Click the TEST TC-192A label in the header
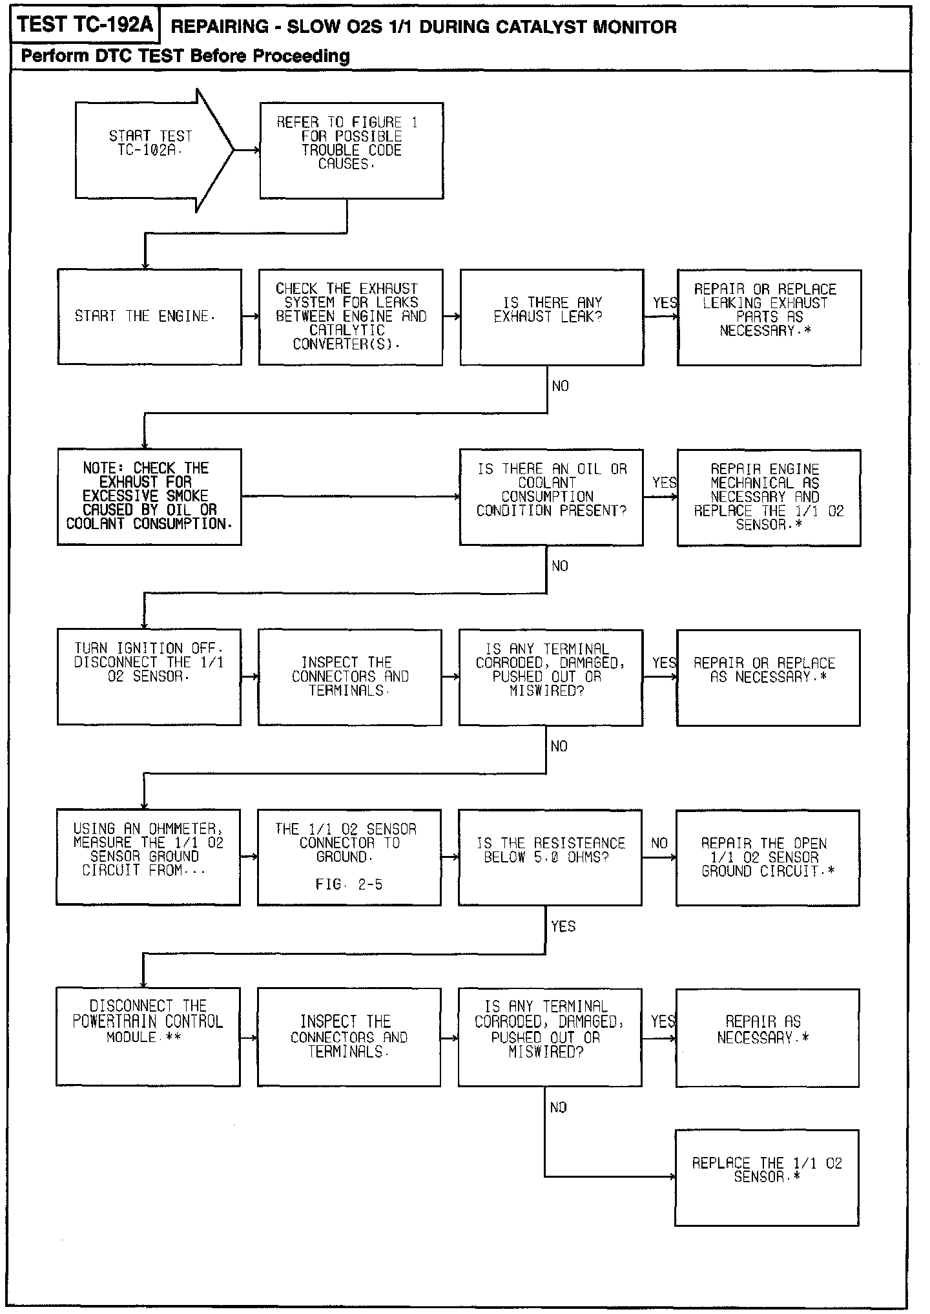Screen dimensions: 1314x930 85,25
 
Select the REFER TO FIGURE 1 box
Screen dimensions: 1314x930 351,150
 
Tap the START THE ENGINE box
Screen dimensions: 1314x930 149,317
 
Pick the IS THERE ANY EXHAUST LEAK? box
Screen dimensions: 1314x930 552,317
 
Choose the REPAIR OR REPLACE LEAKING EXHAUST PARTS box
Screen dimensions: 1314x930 769,317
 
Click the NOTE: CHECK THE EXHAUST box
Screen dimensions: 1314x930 149,496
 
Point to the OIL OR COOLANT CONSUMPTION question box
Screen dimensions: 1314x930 551,496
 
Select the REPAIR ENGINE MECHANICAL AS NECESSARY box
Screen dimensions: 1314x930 769,496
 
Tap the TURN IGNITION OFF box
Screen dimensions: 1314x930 149,676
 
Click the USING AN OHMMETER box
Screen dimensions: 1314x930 148,857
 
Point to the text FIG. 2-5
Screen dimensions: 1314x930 349,884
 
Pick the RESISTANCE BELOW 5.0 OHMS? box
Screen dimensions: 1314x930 550,857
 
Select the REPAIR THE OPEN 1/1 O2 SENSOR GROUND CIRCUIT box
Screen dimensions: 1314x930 768,857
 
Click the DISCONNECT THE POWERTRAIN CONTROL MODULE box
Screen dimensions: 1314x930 148,1036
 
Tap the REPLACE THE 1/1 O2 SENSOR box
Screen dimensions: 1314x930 767,1177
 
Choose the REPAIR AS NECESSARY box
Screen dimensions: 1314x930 767,1036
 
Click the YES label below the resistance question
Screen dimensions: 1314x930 563,926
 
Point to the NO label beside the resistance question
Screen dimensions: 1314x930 659,843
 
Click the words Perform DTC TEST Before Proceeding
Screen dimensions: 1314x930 185,56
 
